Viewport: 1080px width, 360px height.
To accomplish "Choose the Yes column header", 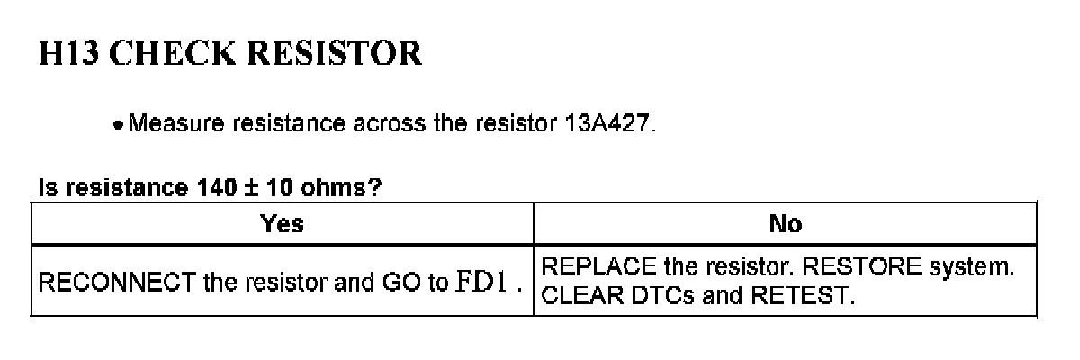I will click(282, 223).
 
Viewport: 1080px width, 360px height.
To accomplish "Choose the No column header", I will click(786, 223).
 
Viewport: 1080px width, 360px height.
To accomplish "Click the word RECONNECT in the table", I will click(116, 283).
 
